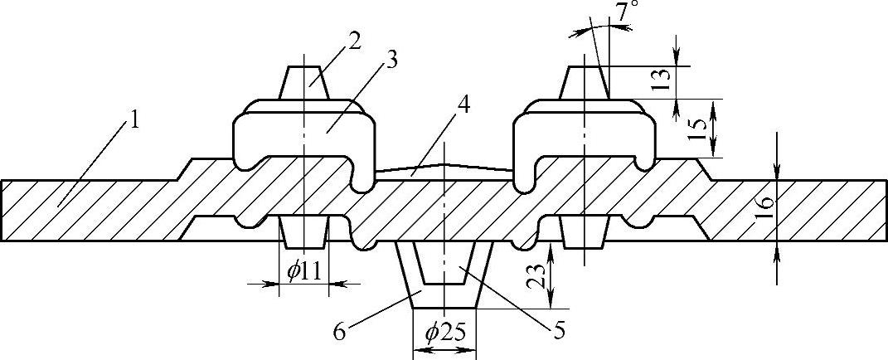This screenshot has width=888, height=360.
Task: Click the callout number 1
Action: (133, 120)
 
